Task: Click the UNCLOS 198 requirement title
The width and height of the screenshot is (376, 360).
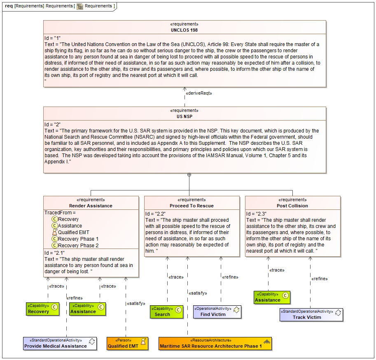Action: pyautogui.click(x=184, y=30)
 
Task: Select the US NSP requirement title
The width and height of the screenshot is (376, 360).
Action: pyautogui.click(x=184, y=117)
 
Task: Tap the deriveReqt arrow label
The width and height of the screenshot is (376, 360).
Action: pyautogui.click(x=199, y=93)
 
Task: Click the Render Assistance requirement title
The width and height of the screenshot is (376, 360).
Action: pyautogui.click(x=91, y=206)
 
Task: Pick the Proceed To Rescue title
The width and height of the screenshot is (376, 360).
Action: pyautogui.click(x=192, y=206)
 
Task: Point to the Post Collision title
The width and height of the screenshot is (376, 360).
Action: pyautogui.click(x=292, y=206)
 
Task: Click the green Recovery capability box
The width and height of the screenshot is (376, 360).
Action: pyautogui.click(x=42, y=309)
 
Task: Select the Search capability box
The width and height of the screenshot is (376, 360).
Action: pyautogui.click(x=166, y=312)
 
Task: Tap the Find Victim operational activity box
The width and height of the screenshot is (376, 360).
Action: pyautogui.click(x=217, y=312)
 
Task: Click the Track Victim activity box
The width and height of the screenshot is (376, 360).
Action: pyautogui.click(x=311, y=315)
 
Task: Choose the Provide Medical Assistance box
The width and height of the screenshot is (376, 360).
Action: pyautogui.click(x=60, y=344)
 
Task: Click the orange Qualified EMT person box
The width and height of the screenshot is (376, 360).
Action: pyautogui.click(x=127, y=344)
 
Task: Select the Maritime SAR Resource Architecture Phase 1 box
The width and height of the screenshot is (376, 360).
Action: pyautogui.click(x=215, y=344)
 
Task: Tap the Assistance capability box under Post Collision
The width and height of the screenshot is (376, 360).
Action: pyautogui.click(x=272, y=297)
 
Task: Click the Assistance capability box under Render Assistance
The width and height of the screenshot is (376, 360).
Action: pyautogui.click(x=88, y=309)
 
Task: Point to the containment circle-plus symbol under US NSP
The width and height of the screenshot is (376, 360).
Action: pyautogui.click(x=189, y=175)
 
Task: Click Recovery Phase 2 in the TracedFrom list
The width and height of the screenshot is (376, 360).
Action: pyautogui.click(x=78, y=246)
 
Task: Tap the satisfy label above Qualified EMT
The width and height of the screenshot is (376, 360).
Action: pyautogui.click(x=136, y=304)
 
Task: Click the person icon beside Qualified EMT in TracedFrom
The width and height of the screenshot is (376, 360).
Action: pyautogui.click(x=55, y=232)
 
